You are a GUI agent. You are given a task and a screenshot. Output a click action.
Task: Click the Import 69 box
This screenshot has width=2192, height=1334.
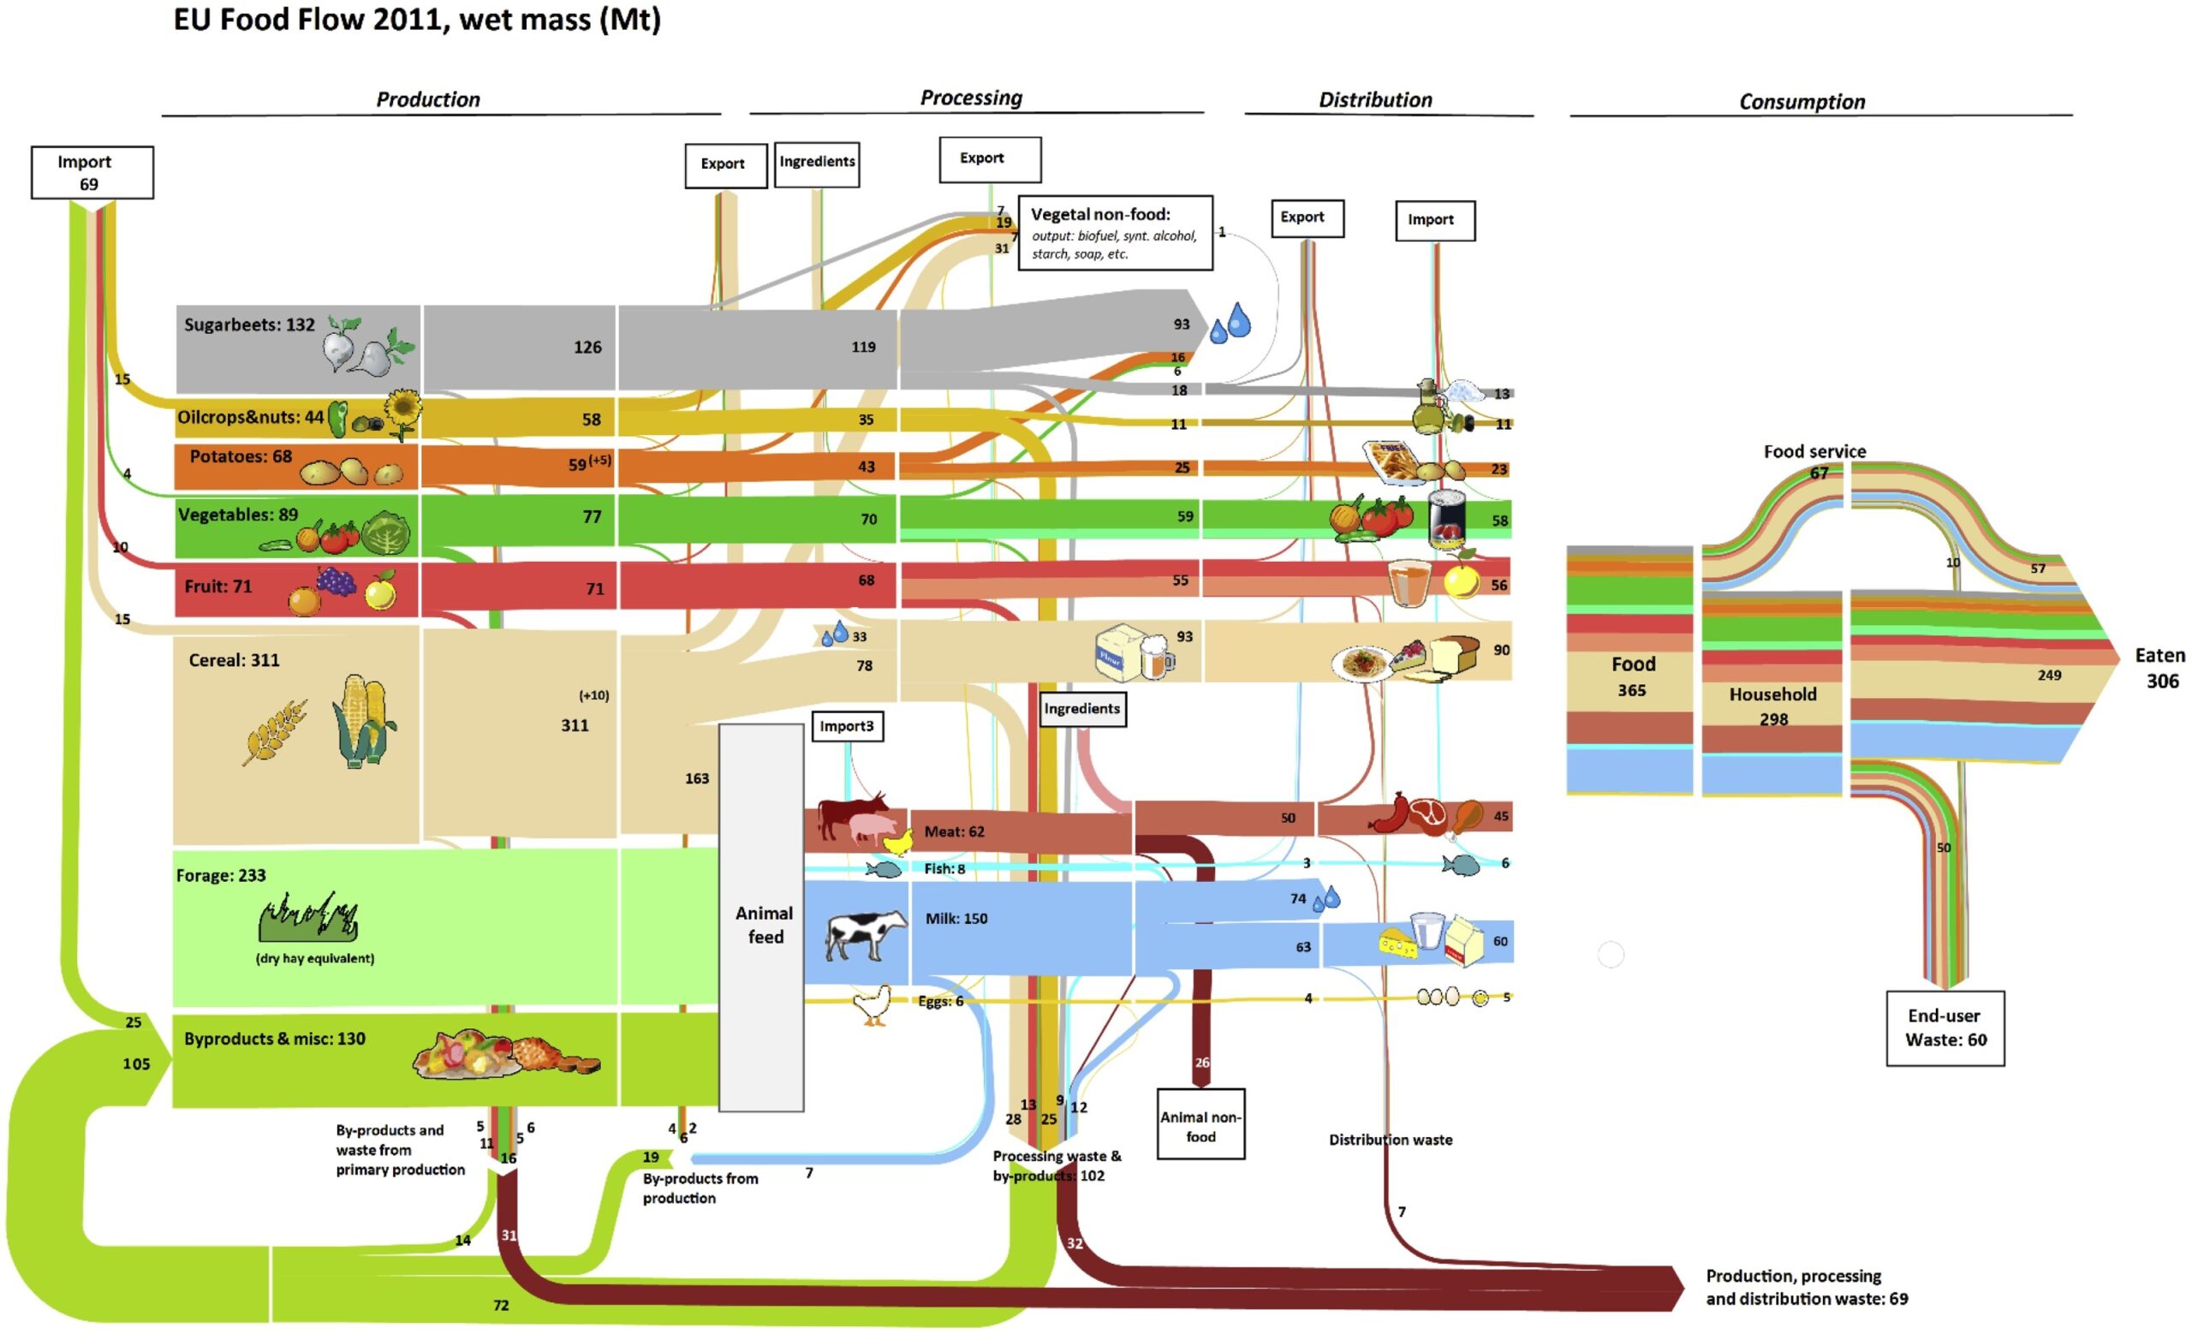[92, 173]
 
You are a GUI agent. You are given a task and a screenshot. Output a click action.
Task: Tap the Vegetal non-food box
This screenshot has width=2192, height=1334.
[1115, 233]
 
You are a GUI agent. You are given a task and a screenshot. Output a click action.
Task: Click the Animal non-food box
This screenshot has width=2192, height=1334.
[1200, 1124]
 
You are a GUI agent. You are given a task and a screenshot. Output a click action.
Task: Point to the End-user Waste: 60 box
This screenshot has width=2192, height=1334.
[1945, 1028]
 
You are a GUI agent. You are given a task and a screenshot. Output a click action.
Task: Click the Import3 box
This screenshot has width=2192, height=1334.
[847, 727]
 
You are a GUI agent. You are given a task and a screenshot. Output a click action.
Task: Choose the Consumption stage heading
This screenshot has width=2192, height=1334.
[1802, 102]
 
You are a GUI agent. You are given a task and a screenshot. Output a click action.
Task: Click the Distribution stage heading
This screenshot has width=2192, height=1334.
[1374, 100]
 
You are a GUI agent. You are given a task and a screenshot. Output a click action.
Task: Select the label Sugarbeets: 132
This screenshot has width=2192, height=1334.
[249, 325]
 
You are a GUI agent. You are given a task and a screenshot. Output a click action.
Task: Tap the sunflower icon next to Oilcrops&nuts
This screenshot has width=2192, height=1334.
[403, 412]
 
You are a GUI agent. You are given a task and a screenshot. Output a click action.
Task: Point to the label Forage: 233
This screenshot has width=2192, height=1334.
[221, 875]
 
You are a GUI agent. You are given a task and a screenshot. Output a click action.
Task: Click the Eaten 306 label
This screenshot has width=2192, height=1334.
[2159, 668]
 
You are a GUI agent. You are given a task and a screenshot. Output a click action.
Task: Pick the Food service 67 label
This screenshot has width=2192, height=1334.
[1814, 461]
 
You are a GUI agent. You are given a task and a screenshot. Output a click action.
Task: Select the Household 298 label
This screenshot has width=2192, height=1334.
[1772, 706]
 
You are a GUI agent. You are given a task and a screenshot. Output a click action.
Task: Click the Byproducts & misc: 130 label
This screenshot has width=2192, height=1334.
[274, 1039]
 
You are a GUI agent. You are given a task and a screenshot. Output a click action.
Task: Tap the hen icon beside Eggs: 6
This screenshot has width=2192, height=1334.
[872, 1006]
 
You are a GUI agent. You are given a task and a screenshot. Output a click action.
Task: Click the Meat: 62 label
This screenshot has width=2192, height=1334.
[954, 831]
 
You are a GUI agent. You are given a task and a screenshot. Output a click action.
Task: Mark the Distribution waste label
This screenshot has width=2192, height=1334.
[1390, 1140]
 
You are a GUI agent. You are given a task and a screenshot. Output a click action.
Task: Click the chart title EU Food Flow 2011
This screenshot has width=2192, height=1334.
[416, 20]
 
